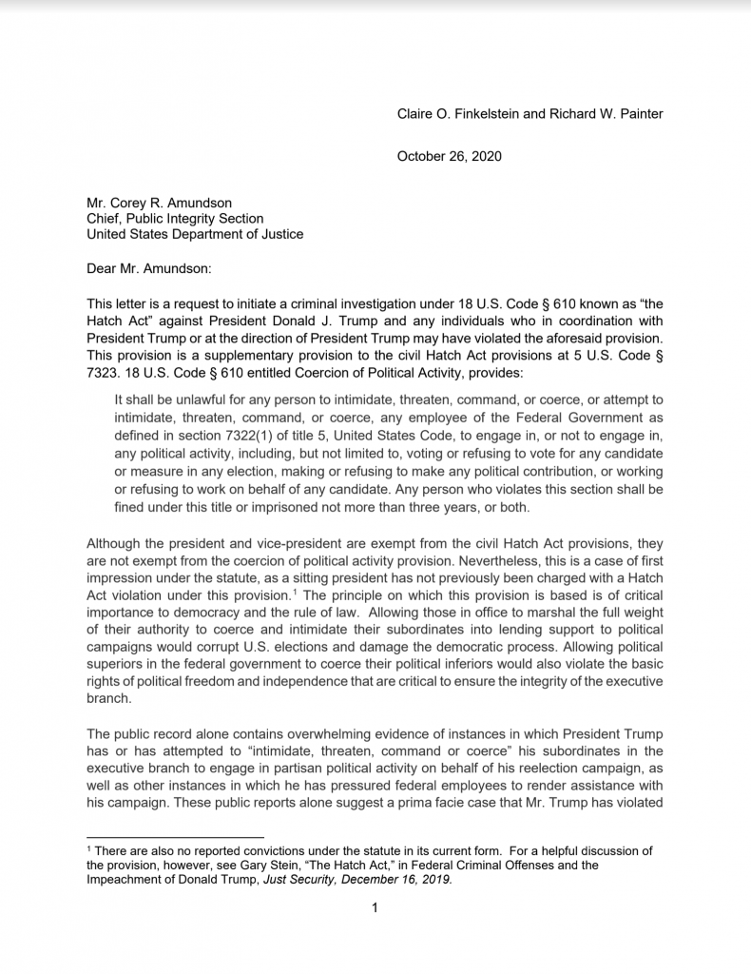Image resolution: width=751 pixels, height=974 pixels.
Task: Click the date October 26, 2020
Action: pos(449,156)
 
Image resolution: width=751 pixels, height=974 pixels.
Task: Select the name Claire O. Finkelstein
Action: pos(457,114)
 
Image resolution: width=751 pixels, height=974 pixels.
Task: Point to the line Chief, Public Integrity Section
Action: pos(175,218)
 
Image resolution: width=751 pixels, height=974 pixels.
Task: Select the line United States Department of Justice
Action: pos(195,234)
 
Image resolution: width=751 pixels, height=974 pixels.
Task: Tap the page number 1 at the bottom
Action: pos(375,907)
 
